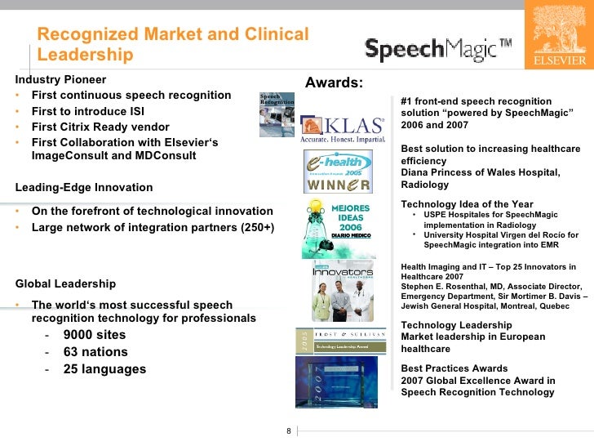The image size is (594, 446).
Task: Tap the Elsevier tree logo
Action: click(559, 34)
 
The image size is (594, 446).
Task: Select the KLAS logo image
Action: click(343, 130)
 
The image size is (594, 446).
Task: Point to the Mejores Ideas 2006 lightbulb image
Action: click(337, 218)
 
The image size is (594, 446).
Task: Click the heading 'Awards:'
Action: click(334, 83)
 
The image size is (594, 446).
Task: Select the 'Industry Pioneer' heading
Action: click(60, 80)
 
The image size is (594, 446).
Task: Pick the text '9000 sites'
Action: click(95, 335)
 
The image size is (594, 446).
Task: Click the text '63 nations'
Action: click(95, 352)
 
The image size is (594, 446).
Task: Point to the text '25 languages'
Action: click(104, 369)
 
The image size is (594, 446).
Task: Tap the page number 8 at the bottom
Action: click(288, 431)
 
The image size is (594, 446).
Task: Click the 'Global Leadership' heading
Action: click(65, 284)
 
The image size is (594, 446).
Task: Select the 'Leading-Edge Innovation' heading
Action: click(84, 187)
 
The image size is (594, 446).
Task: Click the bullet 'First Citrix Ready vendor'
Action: click(100, 127)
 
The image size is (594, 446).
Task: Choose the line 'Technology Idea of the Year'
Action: click(467, 204)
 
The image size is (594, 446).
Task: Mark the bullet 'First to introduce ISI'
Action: click(89, 111)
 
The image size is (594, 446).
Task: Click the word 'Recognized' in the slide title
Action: click(89, 35)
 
